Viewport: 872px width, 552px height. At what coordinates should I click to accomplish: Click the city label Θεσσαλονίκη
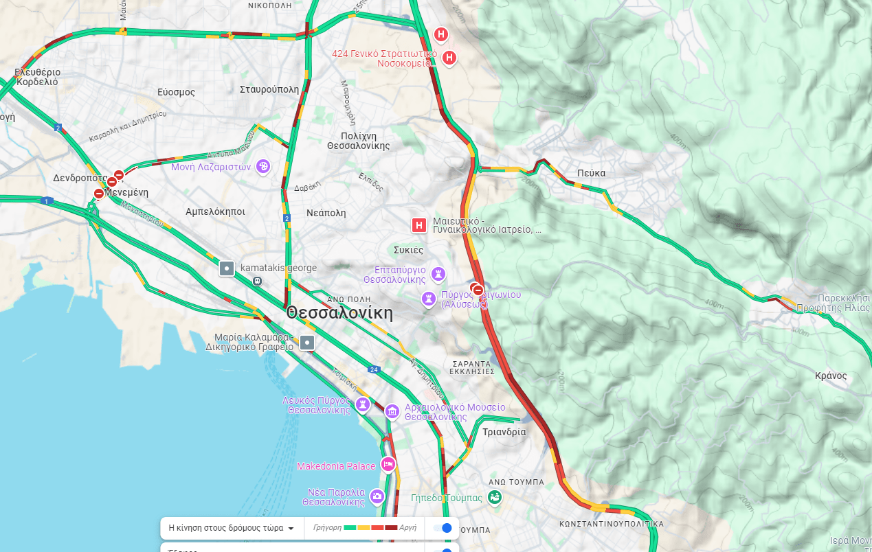point(339,313)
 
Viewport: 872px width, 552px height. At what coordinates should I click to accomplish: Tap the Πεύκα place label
point(591,173)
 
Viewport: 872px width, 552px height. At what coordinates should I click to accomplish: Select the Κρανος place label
point(831,376)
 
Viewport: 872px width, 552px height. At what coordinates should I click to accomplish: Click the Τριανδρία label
point(504,432)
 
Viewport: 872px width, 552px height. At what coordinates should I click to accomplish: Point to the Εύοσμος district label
point(176,92)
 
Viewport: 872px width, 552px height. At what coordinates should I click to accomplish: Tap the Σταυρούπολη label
point(269,89)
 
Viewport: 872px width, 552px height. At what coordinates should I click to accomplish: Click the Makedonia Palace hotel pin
point(388,465)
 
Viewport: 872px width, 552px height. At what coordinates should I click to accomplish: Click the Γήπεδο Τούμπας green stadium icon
point(494,496)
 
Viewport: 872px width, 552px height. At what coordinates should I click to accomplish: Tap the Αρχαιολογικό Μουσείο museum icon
point(392,411)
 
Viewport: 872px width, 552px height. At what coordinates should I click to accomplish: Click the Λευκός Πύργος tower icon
point(362,404)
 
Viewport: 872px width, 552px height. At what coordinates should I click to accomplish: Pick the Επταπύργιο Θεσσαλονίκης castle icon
point(438,274)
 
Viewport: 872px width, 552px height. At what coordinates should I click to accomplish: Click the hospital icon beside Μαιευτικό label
point(418,225)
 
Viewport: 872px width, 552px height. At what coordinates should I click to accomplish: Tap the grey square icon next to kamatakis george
point(227,268)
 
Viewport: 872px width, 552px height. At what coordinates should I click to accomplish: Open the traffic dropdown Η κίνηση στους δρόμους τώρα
point(232,528)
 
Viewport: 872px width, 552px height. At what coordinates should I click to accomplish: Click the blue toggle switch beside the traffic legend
point(443,528)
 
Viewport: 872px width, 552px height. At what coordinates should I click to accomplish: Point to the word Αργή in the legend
point(408,527)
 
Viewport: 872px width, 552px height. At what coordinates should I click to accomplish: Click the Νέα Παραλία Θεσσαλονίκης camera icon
point(377,496)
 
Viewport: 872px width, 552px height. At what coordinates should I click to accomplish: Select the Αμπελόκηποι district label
point(215,211)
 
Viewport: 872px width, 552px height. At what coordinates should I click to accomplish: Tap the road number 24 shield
point(374,369)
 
